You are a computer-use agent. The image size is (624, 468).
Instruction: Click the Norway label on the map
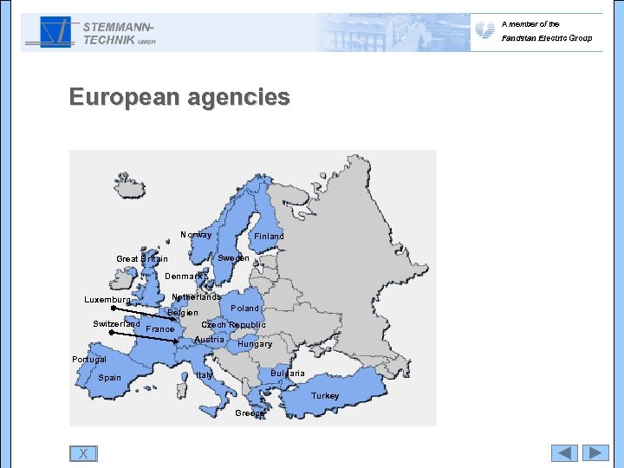pos(196,235)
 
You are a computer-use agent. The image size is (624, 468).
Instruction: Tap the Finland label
pos(269,236)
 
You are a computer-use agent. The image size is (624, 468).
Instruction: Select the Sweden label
pos(233,258)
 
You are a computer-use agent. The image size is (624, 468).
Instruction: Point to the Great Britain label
pos(142,259)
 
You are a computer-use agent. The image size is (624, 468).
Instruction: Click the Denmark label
pos(184,276)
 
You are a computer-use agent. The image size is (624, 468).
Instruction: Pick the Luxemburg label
pos(107,301)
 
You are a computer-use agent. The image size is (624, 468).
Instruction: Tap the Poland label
pos(245,309)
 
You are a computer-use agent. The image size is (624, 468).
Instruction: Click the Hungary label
pos(255,344)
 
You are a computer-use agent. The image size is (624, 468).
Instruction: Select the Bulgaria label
pos(288,374)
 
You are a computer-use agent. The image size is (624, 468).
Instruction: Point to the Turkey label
pos(326,396)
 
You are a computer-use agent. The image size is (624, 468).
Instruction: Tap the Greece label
pos(250,413)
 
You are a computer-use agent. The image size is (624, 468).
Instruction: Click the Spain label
pos(110,378)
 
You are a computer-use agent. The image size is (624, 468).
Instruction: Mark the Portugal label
pos(89,360)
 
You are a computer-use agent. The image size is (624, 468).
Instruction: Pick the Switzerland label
pos(116,324)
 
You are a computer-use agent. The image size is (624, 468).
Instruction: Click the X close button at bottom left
pos(83,453)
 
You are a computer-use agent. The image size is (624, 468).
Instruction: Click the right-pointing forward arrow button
pos(595,452)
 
